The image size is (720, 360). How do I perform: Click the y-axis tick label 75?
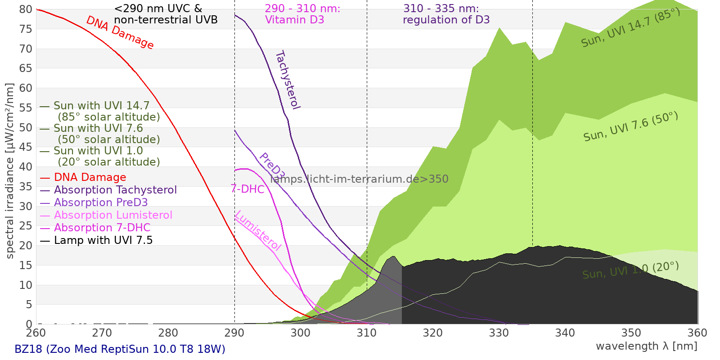coord(26,29)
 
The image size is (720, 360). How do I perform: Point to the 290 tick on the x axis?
coord(234,333)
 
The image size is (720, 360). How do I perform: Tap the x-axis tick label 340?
coord(565,333)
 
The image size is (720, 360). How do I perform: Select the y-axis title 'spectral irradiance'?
coord(10,171)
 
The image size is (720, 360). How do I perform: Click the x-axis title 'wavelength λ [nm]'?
coord(646,346)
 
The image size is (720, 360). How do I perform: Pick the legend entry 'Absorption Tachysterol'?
coord(115,190)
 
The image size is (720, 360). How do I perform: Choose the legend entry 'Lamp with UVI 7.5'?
coord(103,241)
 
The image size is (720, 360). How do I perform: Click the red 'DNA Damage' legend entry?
coord(90,178)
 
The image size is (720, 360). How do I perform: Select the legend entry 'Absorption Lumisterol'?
coord(113,216)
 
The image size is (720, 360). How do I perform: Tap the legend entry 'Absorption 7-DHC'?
coord(102,228)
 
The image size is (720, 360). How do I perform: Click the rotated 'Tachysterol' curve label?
coord(288,80)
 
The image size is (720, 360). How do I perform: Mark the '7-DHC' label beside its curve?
coord(247,189)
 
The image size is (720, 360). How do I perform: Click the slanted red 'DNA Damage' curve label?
coord(120,32)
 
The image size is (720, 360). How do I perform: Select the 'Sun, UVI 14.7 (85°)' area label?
coord(630,28)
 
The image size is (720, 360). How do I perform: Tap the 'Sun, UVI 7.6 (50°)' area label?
coord(630,127)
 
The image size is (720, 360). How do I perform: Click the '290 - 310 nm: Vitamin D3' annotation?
coord(302,14)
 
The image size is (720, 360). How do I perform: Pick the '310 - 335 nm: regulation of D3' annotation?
coord(446,14)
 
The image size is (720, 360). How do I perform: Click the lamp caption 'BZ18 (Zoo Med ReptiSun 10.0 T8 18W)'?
coord(120,349)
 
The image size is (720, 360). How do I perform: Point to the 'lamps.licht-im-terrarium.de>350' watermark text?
coord(359,179)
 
